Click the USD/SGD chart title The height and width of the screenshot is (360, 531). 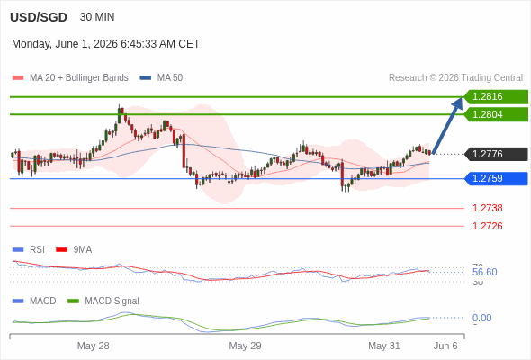point(39,17)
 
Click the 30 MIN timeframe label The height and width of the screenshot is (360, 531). point(97,17)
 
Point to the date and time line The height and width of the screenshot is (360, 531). point(105,44)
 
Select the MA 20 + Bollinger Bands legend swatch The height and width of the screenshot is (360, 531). point(18,78)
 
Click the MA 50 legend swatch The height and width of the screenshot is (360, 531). point(146,78)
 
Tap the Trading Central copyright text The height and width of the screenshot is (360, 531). point(455,78)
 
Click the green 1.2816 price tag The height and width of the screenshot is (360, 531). point(496,97)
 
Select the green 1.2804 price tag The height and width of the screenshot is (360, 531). point(496,114)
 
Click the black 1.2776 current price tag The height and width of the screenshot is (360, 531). point(496,154)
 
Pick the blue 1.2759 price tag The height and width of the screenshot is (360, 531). point(496,178)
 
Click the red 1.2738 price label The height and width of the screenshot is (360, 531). point(487,208)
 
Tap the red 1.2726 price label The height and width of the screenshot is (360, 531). point(487,226)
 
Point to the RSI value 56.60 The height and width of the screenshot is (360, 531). point(484,272)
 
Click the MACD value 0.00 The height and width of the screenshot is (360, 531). point(481,318)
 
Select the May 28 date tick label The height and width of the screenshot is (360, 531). point(93,346)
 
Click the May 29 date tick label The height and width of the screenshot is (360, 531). point(245,346)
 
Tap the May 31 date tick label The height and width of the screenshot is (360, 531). point(384,346)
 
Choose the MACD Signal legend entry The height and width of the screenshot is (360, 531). point(103,301)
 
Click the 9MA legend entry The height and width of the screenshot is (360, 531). point(74,249)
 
